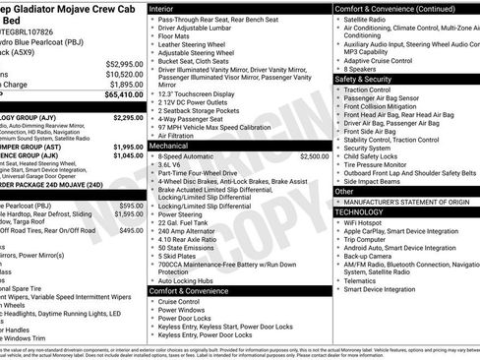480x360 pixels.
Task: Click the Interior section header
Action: pyautogui.click(x=168, y=8)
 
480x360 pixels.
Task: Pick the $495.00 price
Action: pyautogui.click(x=129, y=229)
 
